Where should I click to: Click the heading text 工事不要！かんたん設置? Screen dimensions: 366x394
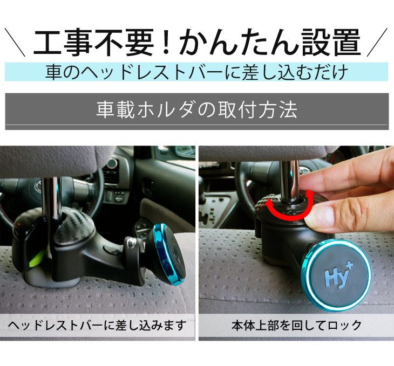(x=196, y=43)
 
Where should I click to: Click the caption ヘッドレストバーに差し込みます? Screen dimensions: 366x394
(x=97, y=326)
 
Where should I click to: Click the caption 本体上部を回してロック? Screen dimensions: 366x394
(x=296, y=326)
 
